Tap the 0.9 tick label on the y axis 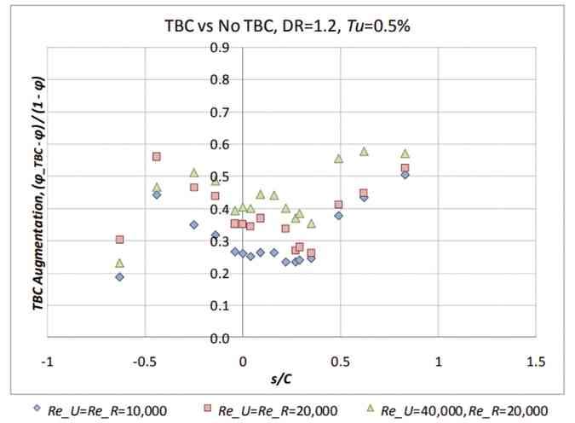219,48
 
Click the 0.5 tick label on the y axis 219,177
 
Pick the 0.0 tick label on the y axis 219,339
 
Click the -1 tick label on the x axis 49,361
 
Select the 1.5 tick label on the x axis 536,361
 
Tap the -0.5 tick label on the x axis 144,361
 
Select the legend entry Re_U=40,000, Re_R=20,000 463,409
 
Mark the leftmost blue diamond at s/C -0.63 119,276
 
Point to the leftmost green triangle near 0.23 119,263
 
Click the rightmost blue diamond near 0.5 405,175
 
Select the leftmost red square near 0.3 119,240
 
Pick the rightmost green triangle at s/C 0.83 405,154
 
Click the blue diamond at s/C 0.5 339,216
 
